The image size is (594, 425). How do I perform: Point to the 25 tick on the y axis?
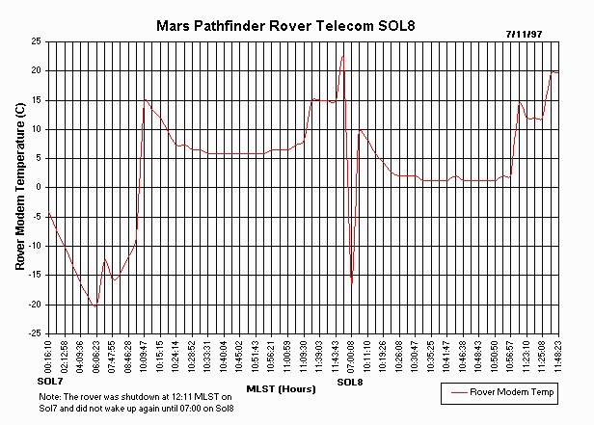point(35,42)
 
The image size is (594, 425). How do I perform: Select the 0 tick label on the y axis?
point(37,188)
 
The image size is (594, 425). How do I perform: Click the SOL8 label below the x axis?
point(351,383)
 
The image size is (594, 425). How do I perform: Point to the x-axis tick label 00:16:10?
point(48,356)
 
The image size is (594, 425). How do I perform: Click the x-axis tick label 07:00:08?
point(351,356)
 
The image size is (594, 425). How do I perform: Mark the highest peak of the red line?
point(342,55)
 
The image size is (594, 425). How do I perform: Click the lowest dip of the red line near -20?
point(95,305)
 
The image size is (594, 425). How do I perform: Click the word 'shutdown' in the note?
point(121,397)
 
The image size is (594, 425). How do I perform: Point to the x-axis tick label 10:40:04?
point(224,356)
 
